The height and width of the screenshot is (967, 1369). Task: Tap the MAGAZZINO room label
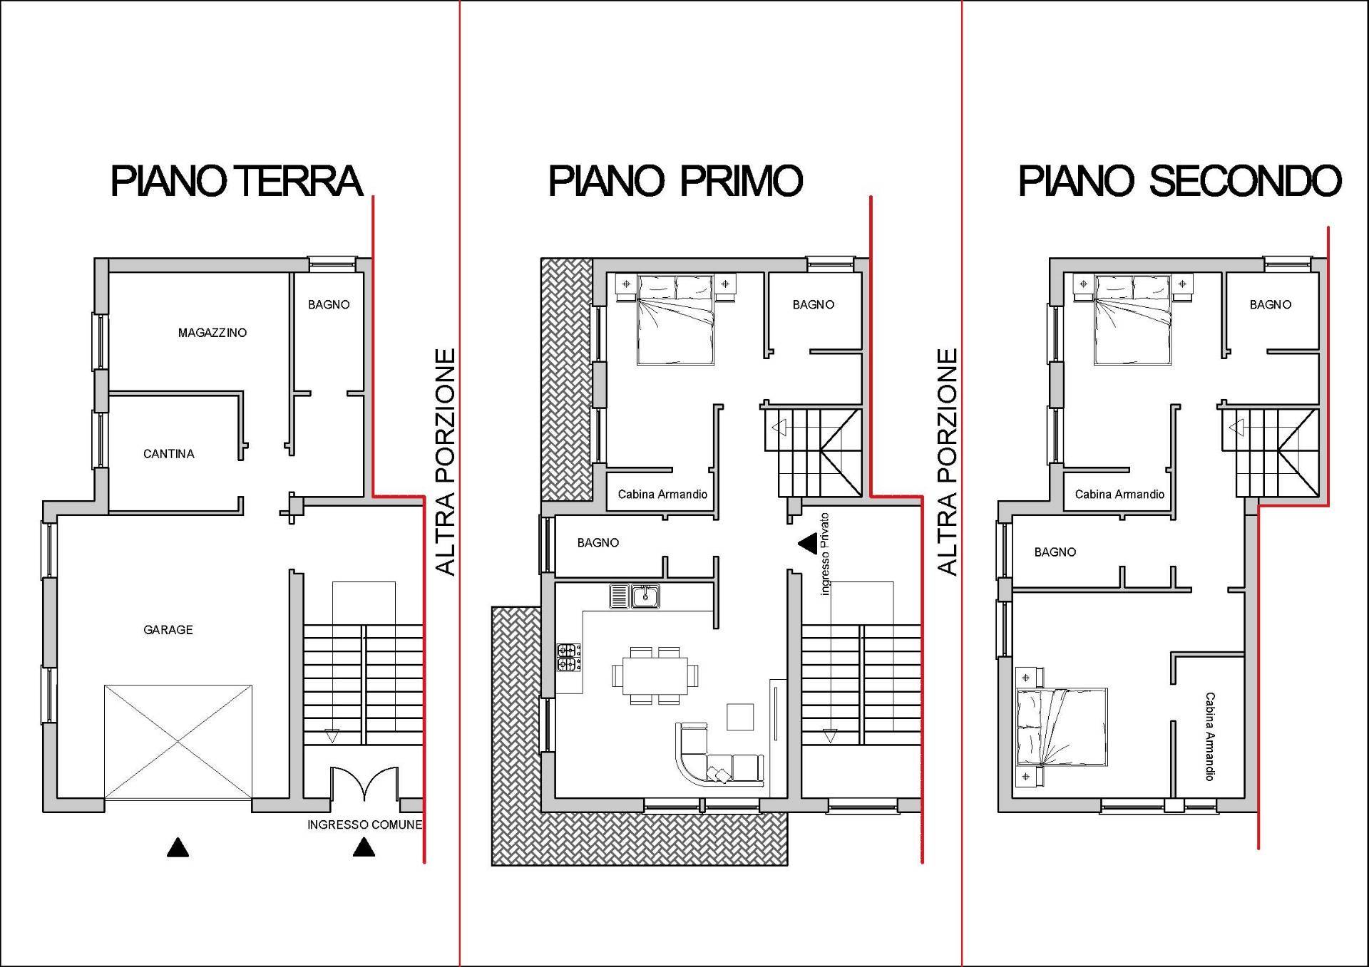click(212, 333)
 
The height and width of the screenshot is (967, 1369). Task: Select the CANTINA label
click(169, 454)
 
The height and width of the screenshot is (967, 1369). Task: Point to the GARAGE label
click(168, 630)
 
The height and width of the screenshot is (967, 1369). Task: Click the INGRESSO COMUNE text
click(364, 824)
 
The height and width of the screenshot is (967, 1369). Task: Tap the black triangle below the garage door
click(178, 847)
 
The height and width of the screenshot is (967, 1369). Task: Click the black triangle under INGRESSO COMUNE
click(364, 847)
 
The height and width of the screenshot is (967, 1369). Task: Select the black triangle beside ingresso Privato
click(808, 544)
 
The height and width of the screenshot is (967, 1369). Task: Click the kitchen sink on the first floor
click(635, 596)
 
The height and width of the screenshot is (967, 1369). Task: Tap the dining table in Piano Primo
click(655, 676)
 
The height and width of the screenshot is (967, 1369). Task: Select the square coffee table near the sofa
click(740, 717)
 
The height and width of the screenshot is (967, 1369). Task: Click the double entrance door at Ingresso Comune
click(364, 784)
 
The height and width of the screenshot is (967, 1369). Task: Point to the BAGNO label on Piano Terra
click(329, 304)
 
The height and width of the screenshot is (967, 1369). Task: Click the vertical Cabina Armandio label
click(1209, 736)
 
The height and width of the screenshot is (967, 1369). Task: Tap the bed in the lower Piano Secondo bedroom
click(1061, 727)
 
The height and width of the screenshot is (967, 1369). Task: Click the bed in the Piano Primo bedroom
click(676, 320)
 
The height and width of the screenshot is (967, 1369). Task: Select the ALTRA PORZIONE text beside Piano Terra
click(446, 462)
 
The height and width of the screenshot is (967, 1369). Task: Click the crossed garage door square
click(178, 742)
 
